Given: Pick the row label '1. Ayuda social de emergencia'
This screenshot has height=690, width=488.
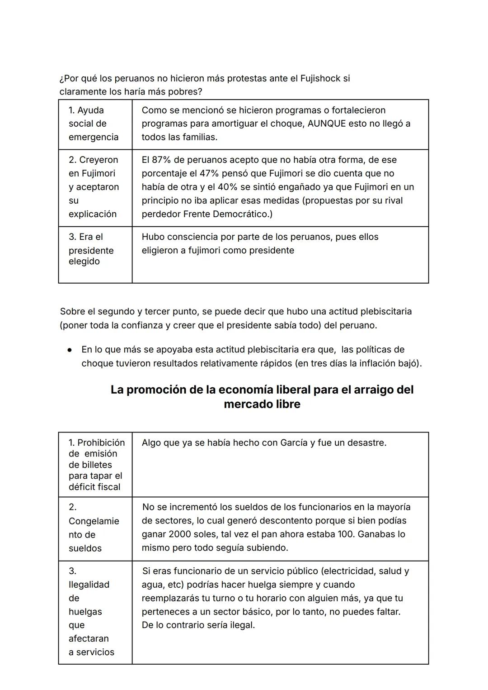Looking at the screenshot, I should click(94, 124).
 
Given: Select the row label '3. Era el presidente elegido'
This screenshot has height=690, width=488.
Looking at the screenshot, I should click(91, 249).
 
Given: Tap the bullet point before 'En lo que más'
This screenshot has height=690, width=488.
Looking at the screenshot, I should click(70, 350).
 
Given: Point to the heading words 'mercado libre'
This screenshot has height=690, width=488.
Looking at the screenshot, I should click(262, 404).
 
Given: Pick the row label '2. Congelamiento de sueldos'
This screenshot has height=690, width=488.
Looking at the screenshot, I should click(94, 528).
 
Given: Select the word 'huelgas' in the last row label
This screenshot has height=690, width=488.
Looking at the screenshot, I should click(85, 612).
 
